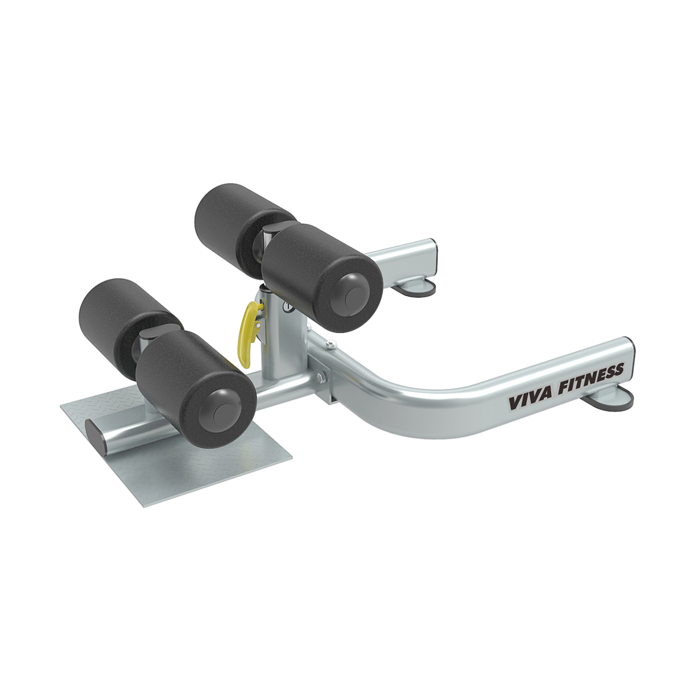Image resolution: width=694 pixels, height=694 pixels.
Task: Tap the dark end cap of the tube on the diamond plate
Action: coord(95,437)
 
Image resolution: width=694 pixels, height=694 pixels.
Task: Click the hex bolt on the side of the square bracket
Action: coord(322,379)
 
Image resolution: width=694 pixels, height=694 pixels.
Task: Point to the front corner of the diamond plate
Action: coord(142,504)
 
